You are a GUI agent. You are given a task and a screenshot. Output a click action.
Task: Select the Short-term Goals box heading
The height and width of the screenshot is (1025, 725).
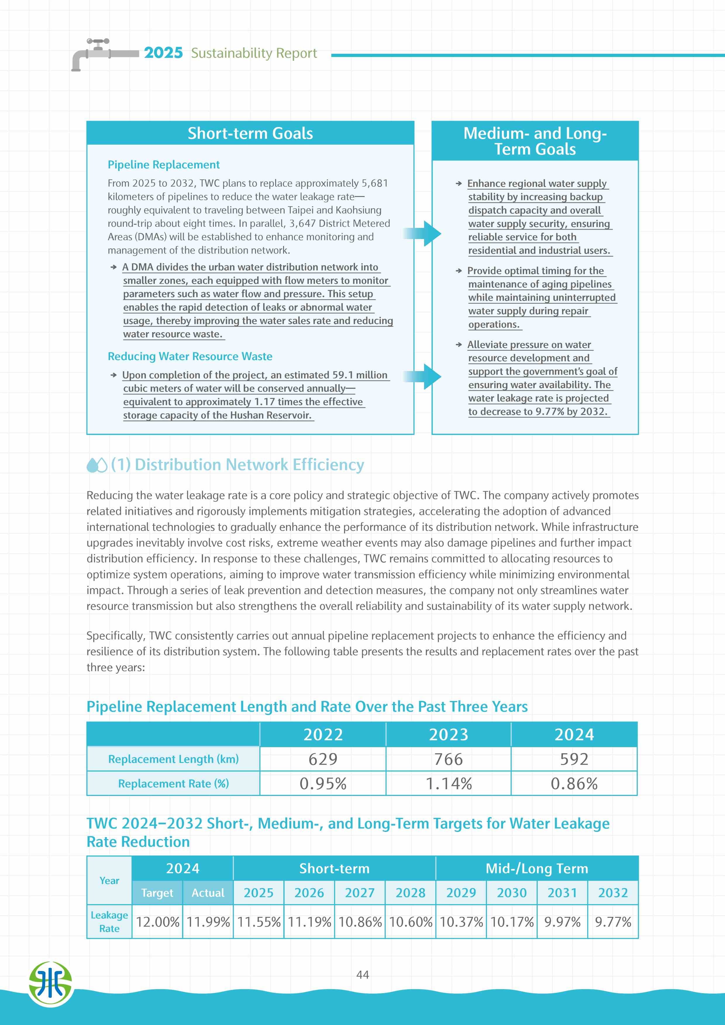coord(250,133)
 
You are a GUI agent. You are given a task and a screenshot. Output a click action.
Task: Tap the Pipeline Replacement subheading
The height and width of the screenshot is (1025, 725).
coord(163,165)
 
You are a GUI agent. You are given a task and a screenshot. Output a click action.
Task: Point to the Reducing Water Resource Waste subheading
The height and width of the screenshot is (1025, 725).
coord(190,356)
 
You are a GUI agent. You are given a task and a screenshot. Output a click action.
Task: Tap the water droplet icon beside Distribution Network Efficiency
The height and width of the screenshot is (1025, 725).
coord(97,465)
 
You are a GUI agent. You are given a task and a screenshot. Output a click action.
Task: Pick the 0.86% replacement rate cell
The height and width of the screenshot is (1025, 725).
coord(574,783)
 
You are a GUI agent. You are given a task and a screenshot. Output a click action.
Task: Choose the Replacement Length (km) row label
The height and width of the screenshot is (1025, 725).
coord(173,759)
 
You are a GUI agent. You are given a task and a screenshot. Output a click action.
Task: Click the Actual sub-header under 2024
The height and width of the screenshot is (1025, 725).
coord(208,892)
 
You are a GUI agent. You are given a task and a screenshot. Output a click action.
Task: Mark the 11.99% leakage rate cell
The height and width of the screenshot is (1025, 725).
coord(208,922)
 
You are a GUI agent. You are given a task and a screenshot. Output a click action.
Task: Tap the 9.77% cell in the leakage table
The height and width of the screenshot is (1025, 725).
coord(613,922)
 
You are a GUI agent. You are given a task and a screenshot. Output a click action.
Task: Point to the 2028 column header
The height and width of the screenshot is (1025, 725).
coord(410,892)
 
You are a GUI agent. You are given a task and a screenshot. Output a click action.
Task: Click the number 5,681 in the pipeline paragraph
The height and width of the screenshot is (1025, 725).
coord(374,183)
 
